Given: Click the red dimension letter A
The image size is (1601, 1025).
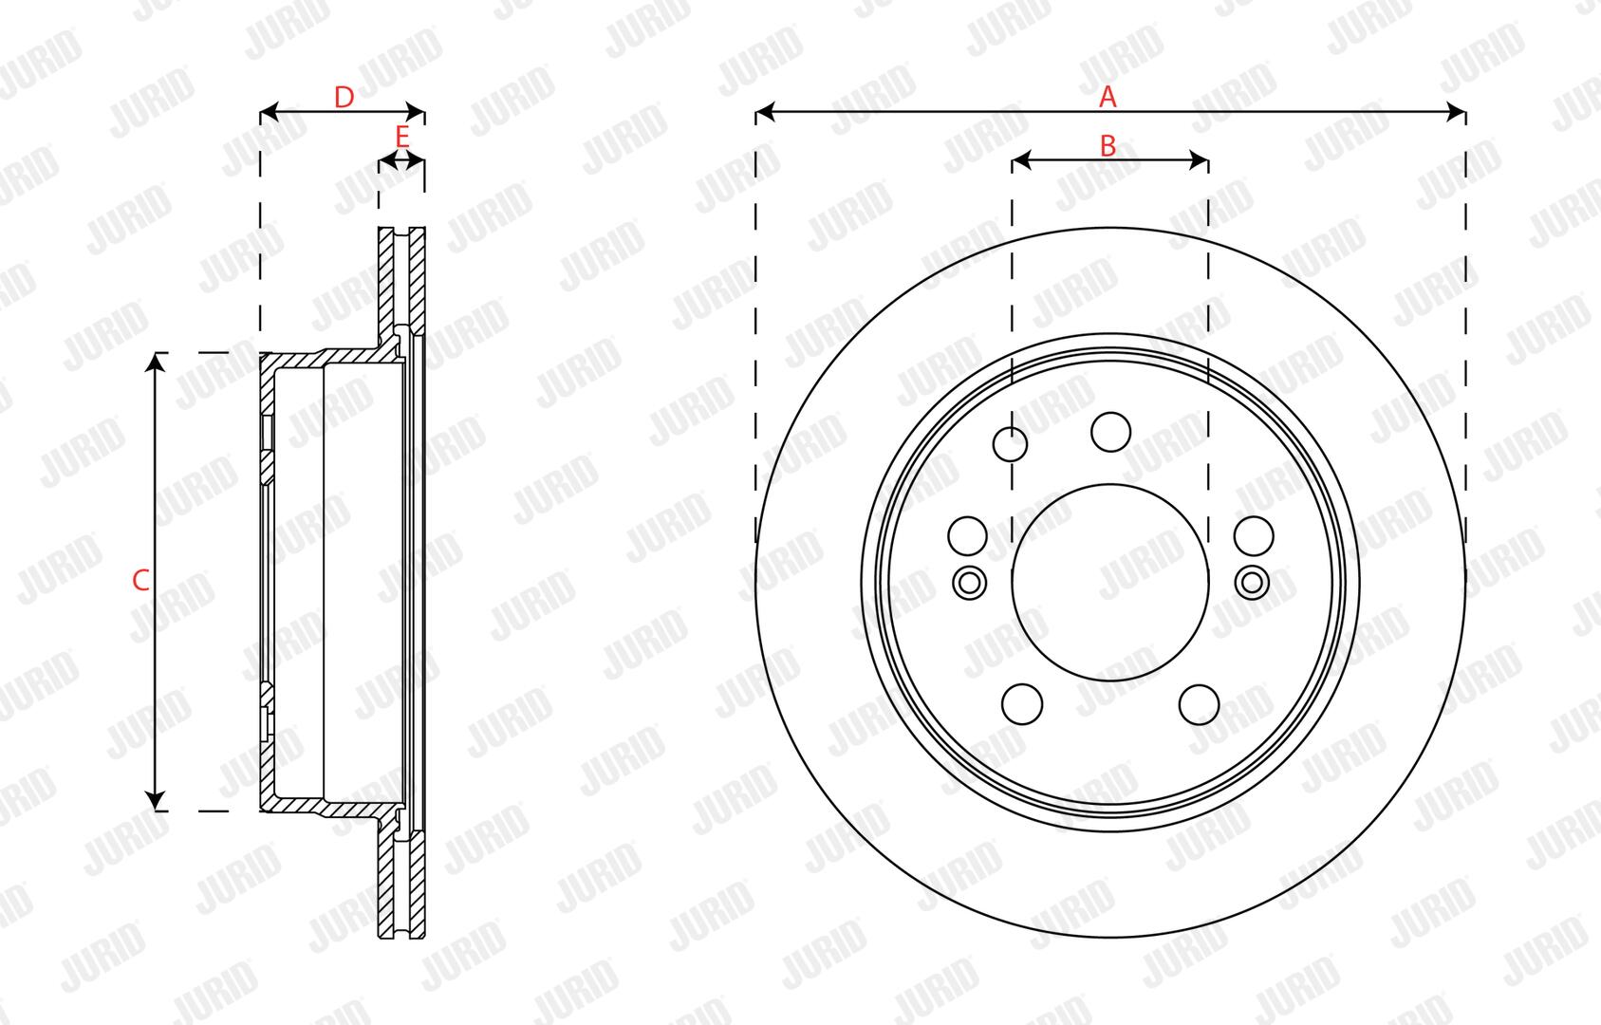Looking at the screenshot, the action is pyautogui.click(x=1108, y=97).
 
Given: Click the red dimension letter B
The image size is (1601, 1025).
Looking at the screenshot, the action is pyautogui.click(x=1108, y=146).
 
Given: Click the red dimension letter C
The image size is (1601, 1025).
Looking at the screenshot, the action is pyautogui.click(x=140, y=581).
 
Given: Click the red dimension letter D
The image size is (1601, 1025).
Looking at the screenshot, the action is pyautogui.click(x=344, y=97).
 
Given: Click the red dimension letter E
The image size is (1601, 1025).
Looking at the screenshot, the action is pyautogui.click(x=402, y=137).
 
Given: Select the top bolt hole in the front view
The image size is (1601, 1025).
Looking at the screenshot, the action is pyautogui.click(x=1110, y=432).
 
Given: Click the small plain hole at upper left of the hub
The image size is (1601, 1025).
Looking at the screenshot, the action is pyautogui.click(x=1010, y=444).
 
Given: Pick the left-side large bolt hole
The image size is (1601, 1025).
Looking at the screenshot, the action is pyautogui.click(x=968, y=536).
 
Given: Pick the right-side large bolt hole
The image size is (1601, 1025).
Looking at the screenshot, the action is pyautogui.click(x=1254, y=536).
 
